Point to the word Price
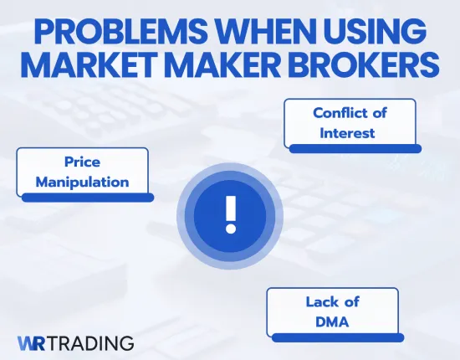pyautogui.click(x=82, y=161)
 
